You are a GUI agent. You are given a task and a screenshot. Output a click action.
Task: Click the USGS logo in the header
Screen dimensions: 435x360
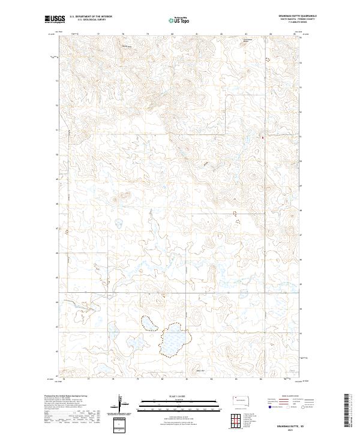point(55,19)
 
